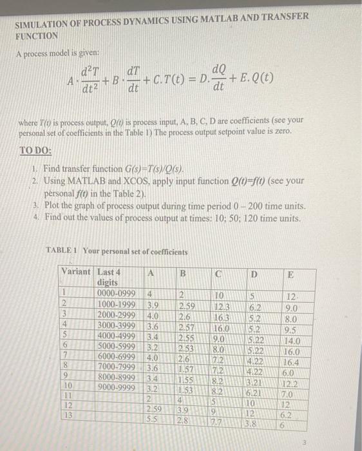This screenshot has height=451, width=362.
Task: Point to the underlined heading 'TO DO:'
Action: click(x=35, y=147)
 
